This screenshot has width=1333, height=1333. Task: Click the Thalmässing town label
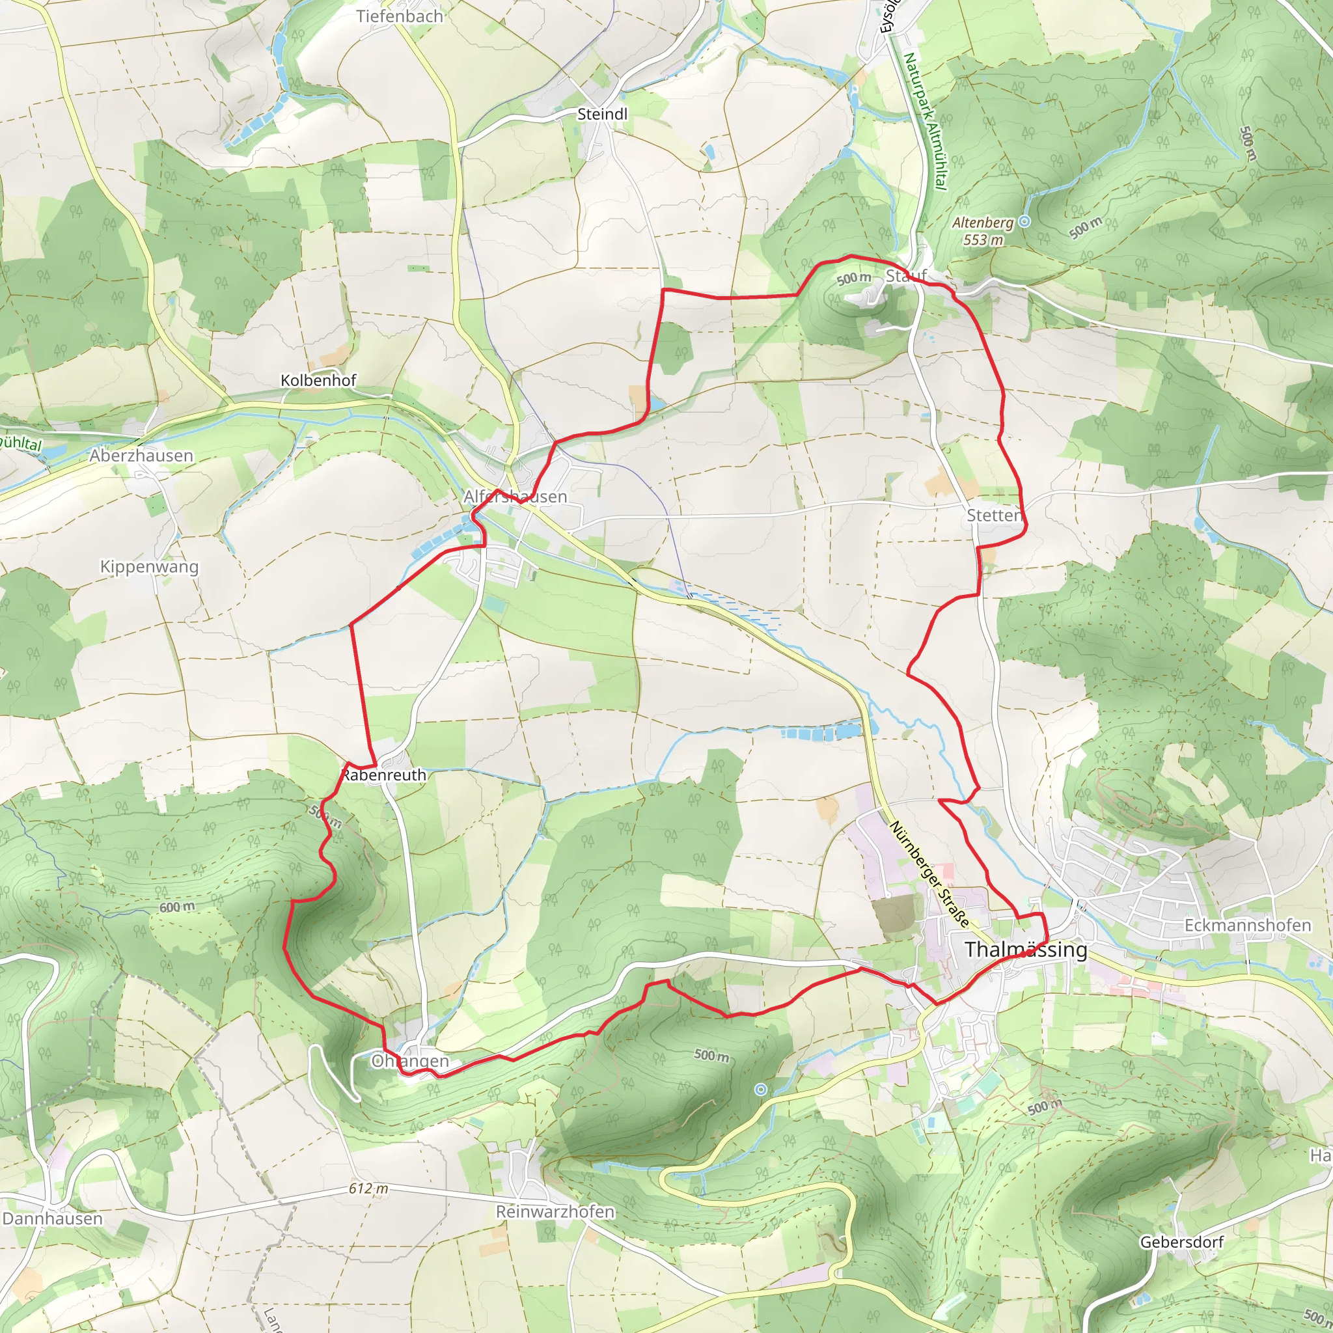1025,950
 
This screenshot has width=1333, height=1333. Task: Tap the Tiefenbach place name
400,16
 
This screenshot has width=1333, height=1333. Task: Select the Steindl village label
602,114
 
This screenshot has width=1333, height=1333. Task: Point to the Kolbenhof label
318,380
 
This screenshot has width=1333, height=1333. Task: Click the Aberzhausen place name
141,456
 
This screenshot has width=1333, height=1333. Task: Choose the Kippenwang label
149,566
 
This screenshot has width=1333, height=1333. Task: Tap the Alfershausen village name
515,496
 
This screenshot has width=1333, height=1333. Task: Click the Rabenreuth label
384,775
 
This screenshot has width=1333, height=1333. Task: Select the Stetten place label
993,515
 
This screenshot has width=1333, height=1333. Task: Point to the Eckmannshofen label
1248,926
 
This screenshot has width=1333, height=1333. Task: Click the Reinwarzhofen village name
555,1211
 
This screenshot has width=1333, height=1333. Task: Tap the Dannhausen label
53,1218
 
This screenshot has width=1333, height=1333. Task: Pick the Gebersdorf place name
1182,1242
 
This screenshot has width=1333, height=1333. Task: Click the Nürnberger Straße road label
929,873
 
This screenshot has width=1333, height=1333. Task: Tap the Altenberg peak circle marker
1024,221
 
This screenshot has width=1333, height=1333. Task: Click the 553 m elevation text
983,240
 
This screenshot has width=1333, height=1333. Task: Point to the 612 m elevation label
368,1188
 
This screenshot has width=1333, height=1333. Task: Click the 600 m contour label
177,907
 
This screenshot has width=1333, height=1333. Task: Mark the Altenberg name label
982,223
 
